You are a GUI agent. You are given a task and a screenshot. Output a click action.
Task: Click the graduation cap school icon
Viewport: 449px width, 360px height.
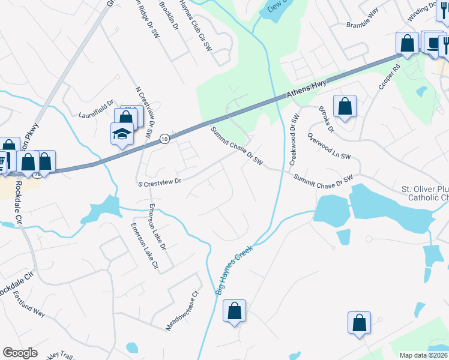[122, 134]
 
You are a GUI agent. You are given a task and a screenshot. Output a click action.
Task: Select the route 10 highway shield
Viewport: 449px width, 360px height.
[164, 139]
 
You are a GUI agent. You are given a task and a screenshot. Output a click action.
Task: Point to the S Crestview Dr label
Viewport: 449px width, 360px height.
[160, 180]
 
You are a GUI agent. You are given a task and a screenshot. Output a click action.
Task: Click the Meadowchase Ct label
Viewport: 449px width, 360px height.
[182, 312]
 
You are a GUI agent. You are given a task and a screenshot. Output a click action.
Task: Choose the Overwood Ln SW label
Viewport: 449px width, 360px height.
[328, 146]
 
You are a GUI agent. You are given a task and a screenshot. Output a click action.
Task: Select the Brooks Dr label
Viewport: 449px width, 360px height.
[326, 118]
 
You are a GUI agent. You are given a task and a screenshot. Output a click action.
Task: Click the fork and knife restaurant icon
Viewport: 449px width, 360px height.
[445, 43]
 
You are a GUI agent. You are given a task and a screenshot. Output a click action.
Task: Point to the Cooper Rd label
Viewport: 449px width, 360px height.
[388, 77]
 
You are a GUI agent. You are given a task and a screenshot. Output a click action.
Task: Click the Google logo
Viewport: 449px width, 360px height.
[20, 352]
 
